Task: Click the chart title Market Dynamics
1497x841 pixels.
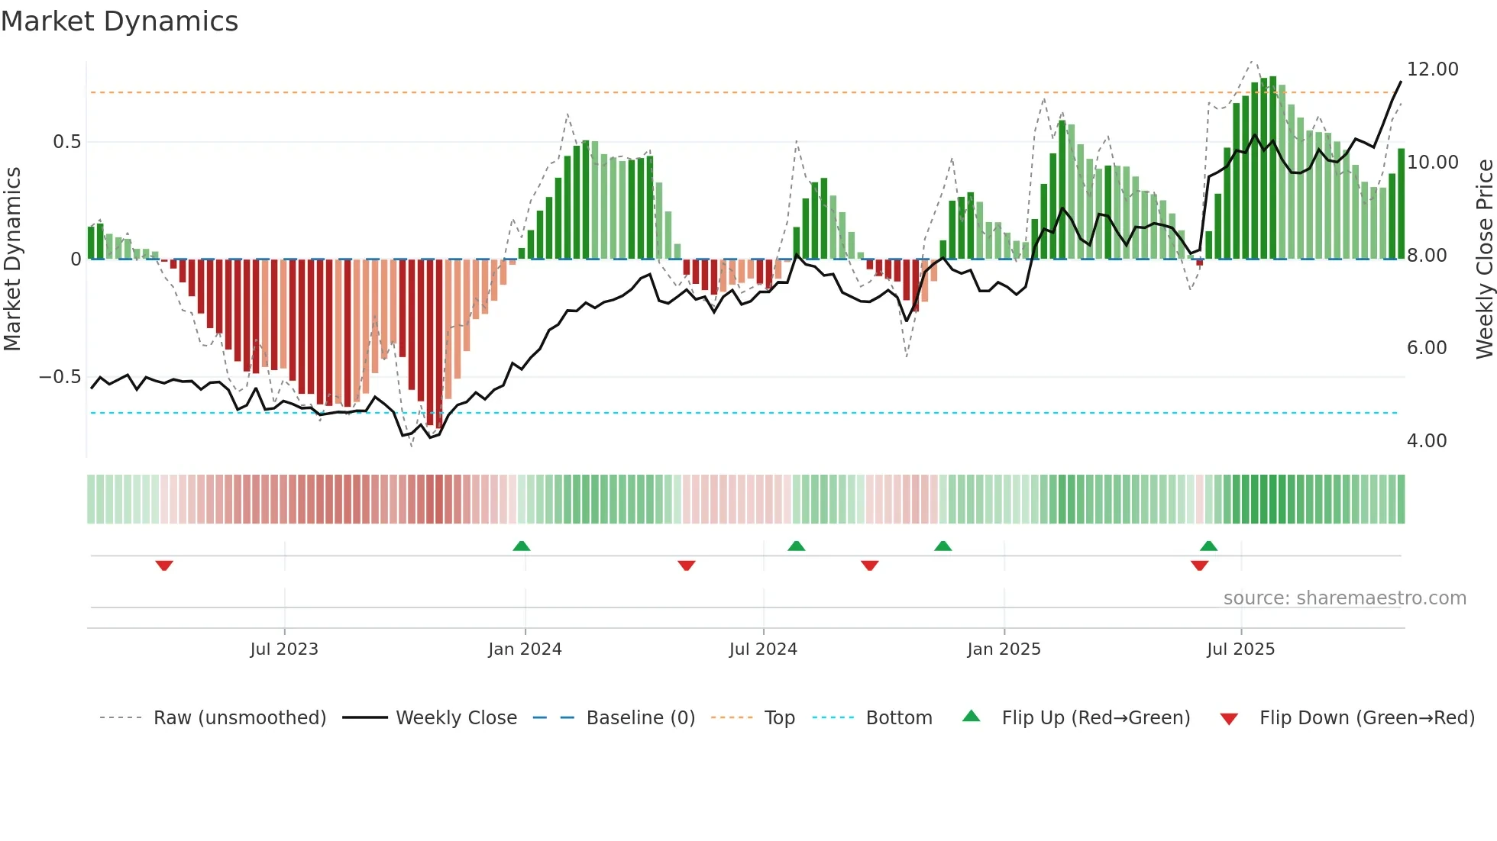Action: [119, 21]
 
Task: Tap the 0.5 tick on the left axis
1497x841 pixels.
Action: [66, 142]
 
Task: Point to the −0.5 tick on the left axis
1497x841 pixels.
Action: [60, 377]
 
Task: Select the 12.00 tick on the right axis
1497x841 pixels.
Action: [1432, 69]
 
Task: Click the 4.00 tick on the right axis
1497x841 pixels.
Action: [1426, 441]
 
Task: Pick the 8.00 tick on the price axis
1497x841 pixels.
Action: [1426, 256]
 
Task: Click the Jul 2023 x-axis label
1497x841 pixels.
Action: [284, 649]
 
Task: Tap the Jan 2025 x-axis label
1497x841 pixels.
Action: [1004, 649]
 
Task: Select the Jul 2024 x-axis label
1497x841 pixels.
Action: [763, 649]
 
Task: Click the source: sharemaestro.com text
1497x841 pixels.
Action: [1344, 598]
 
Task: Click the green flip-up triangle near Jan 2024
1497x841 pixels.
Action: [522, 546]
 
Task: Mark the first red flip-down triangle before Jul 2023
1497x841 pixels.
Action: [164, 565]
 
